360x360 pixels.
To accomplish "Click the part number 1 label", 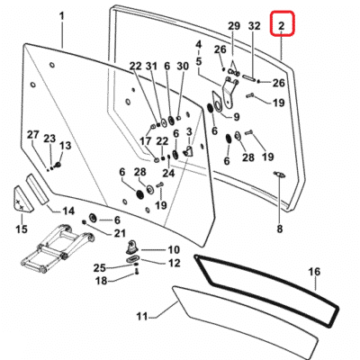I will [62, 16].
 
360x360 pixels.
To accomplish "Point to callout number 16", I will [314, 270].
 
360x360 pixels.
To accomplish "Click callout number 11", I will [141, 316].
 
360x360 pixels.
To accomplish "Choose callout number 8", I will [279, 229].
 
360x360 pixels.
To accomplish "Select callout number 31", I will [151, 66].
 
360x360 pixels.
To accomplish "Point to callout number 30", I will [182, 66].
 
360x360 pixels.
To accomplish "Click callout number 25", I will [101, 267].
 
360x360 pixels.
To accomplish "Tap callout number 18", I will [101, 282].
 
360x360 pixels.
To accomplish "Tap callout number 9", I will [236, 116].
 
